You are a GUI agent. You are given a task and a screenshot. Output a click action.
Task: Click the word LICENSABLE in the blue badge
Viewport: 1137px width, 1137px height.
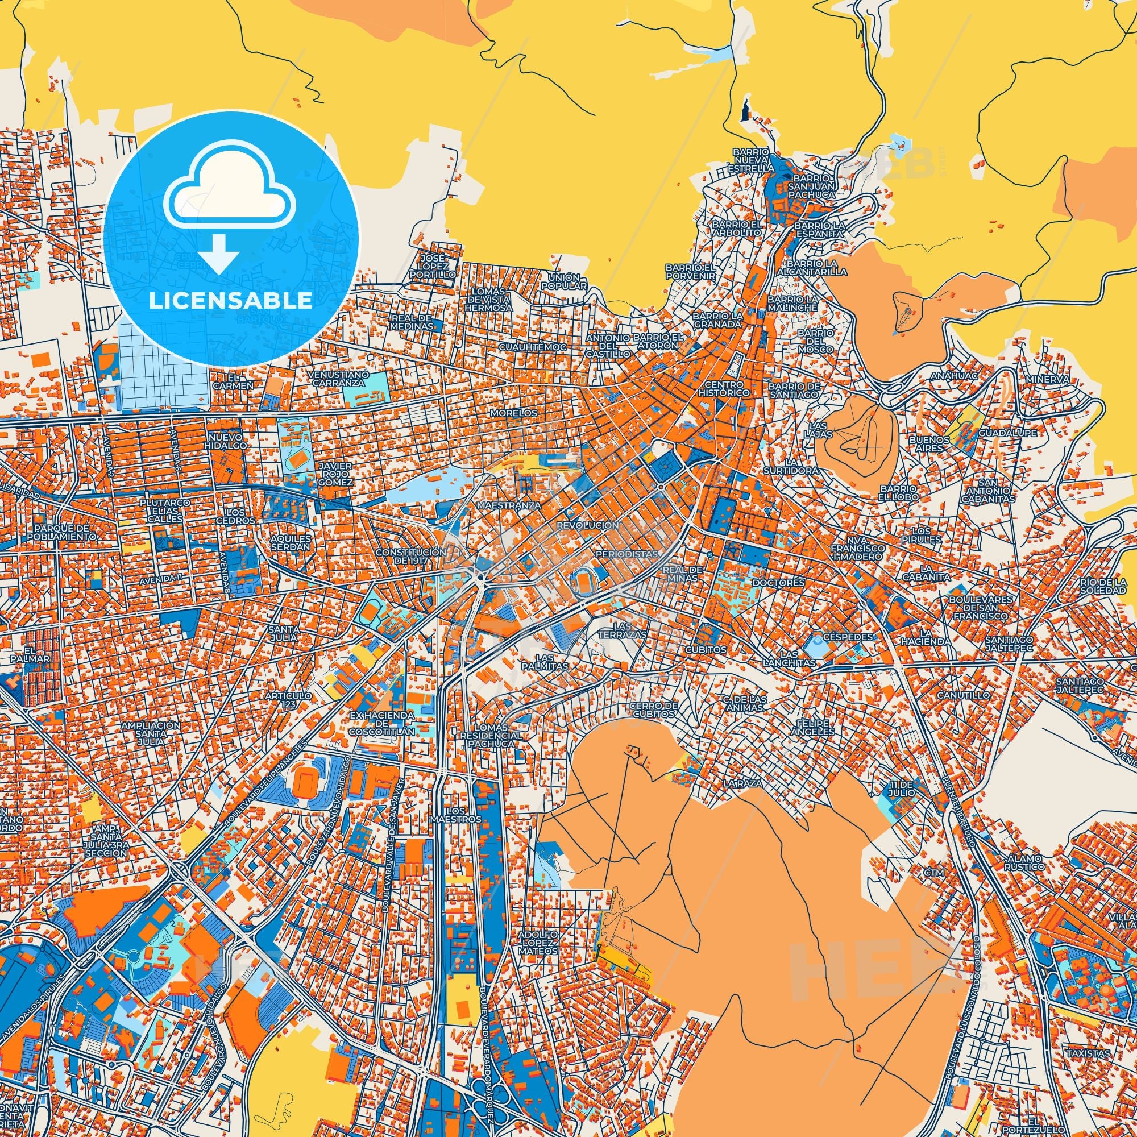click(231, 300)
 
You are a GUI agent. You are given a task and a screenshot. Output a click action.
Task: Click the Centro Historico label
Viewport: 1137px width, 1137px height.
click(725, 388)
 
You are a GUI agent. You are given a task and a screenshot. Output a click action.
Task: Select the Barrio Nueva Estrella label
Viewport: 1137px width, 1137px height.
click(751, 160)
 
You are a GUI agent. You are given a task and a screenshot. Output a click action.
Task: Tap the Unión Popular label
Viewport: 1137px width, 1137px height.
click(567, 281)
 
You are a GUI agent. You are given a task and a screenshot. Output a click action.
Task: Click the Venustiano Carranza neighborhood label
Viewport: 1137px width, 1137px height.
click(341, 379)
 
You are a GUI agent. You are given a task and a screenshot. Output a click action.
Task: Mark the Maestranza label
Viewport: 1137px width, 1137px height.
click(501, 505)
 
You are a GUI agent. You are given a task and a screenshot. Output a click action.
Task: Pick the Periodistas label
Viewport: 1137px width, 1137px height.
click(625, 554)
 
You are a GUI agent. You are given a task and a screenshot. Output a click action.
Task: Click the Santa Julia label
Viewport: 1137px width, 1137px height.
click(284, 633)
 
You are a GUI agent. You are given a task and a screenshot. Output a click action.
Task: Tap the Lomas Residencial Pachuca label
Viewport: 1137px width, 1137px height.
click(491, 736)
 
